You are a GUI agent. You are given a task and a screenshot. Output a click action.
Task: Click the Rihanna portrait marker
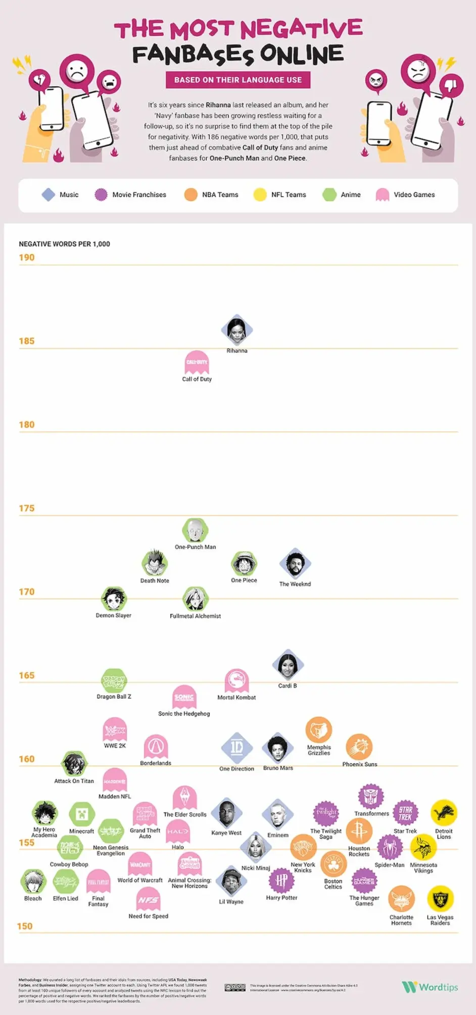coord(236,330)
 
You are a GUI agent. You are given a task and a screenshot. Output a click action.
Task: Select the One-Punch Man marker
coord(195,530)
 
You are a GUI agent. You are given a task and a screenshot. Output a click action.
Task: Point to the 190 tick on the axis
coord(27,257)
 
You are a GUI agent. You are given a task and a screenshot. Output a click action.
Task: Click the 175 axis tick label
coord(27,508)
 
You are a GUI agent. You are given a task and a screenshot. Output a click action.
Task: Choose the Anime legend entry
coord(342,195)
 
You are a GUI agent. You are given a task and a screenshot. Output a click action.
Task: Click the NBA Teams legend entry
coord(211,195)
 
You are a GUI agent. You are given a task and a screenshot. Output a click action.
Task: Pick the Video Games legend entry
coord(405,195)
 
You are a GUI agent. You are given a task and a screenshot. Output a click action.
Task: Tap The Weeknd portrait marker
coord(295,564)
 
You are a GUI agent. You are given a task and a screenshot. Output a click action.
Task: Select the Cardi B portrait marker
coord(288,665)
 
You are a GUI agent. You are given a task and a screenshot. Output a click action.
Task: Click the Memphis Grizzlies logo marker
coord(319,730)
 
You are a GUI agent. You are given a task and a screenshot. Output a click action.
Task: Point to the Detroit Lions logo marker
coord(444,813)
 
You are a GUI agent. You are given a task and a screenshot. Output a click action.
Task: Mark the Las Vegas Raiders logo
coord(440,899)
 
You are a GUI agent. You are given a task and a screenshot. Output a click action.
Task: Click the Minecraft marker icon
coord(82,814)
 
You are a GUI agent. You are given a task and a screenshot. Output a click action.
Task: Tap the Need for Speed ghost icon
coord(149,899)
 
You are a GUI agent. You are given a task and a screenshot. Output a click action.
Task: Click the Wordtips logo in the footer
coord(430,987)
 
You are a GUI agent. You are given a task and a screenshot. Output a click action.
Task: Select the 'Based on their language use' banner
coord(238,80)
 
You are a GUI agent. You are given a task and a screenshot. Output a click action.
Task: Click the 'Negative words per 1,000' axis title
coord(64,244)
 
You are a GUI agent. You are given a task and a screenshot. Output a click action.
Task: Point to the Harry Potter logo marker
coord(281,881)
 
